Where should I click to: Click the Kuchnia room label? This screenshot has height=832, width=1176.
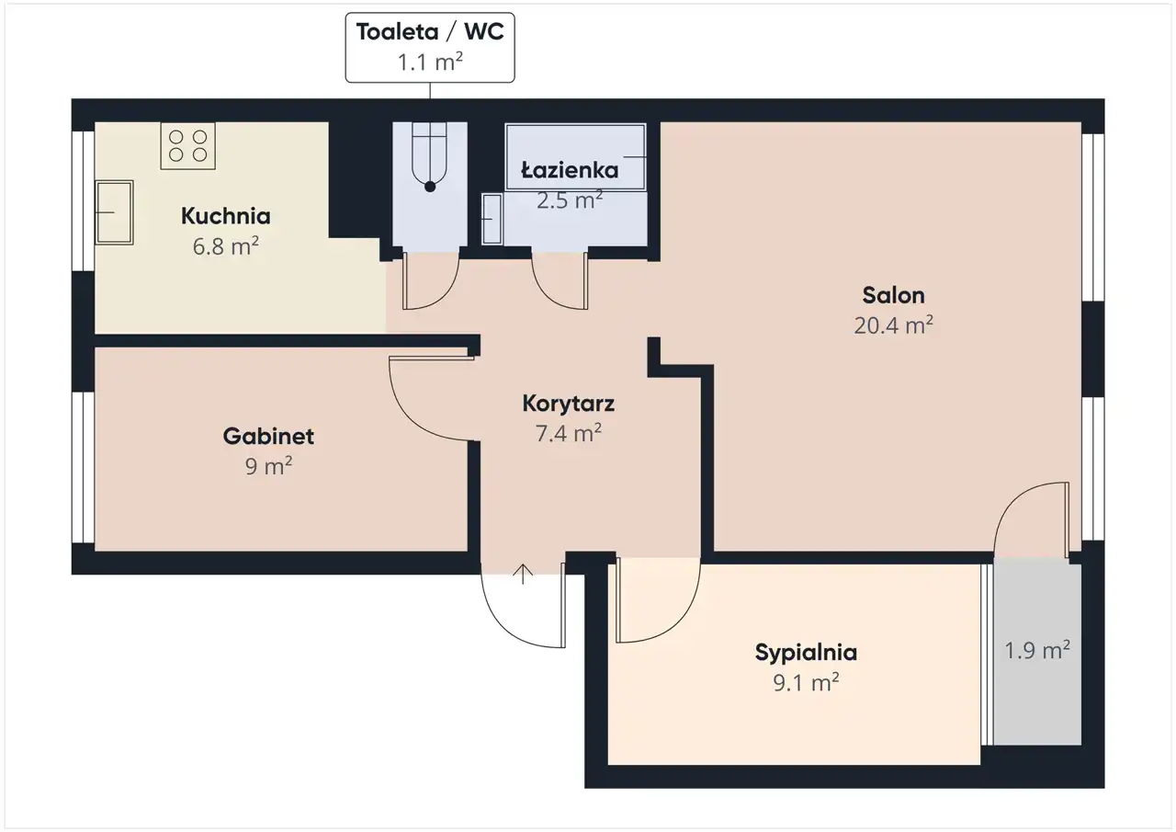click(226, 216)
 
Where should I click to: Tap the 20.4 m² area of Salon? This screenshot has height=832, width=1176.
click(893, 325)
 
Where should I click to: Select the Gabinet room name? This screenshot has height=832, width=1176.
click(268, 436)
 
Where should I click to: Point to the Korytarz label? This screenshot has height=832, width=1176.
click(568, 404)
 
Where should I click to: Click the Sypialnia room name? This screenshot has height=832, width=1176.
click(806, 653)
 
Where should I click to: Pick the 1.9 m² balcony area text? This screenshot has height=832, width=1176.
click(1037, 650)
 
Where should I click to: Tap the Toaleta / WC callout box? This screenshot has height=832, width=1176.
click(430, 47)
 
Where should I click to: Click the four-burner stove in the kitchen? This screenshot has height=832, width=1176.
click(188, 146)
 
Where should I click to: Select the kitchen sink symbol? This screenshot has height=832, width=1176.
click(114, 212)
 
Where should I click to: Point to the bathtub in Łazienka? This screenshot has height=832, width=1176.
click(575, 156)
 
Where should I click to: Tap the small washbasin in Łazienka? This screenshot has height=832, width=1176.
click(492, 219)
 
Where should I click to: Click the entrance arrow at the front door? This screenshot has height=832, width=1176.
click(523, 574)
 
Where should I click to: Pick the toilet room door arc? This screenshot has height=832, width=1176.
click(444, 295)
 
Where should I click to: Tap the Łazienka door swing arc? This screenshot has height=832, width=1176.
click(546, 295)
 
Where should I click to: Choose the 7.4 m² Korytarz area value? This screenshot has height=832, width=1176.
click(568, 434)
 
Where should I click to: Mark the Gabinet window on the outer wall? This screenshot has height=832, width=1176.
click(83, 467)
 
